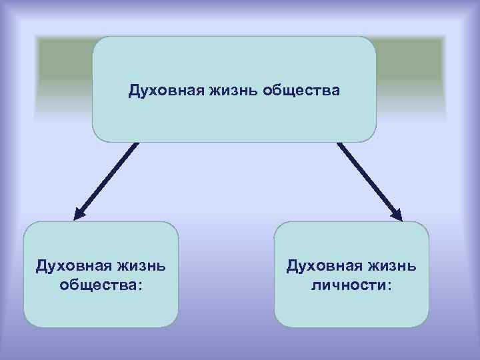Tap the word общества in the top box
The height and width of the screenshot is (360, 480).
point(303,89)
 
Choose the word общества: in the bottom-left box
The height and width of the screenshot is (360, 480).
point(101,285)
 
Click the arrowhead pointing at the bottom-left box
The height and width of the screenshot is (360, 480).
point(79,214)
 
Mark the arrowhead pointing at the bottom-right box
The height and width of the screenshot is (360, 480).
point(396,214)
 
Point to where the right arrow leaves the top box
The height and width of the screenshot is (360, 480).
point(339,144)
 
